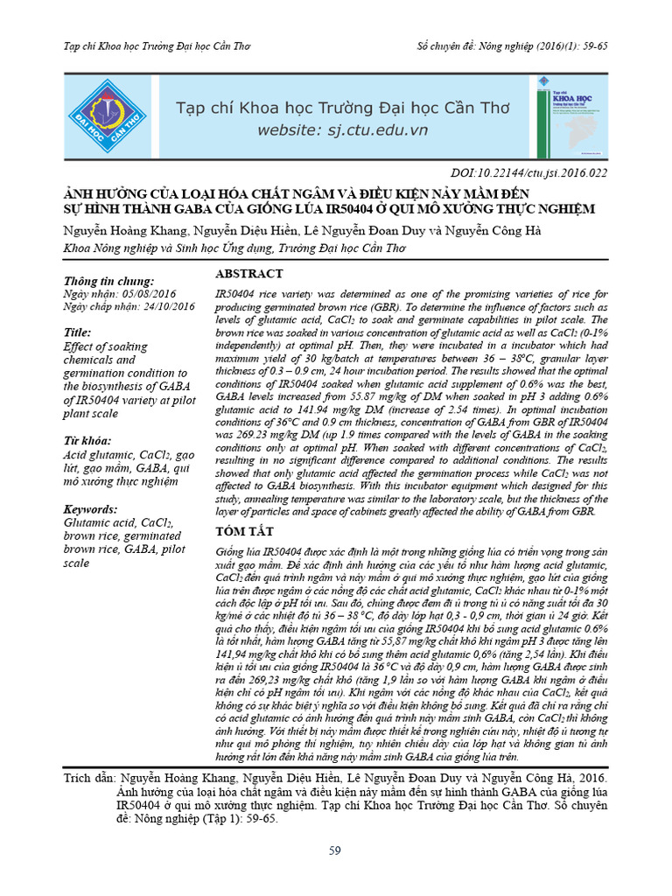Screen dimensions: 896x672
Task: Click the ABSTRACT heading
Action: [249, 274]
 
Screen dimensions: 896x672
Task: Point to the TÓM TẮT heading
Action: [245, 532]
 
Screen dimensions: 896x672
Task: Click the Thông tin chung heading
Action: [109, 282]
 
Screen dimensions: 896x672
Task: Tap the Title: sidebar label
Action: [78, 333]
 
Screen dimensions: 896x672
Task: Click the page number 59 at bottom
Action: [335, 850]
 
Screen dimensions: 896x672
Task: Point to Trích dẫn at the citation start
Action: [91, 778]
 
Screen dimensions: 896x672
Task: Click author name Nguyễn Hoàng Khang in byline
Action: [121, 230]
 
